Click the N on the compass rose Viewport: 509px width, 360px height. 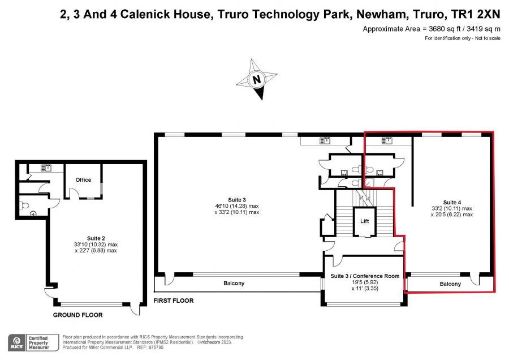point(256,80)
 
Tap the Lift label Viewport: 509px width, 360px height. point(365,221)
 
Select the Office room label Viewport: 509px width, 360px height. point(84,179)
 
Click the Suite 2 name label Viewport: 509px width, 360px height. point(96,238)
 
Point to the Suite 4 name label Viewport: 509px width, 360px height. point(452,202)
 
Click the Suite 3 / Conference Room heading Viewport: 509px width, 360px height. point(365,276)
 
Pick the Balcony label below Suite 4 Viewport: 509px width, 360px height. point(450,284)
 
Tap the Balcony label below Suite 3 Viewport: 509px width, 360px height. point(234,284)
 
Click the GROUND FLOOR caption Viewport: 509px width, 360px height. point(78,315)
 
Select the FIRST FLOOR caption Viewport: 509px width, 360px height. point(174,301)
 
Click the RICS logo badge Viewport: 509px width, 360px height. point(17,342)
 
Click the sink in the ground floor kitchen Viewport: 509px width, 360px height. point(46,168)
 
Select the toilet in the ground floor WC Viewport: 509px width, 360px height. point(24,205)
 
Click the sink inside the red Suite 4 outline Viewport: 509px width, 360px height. point(387,140)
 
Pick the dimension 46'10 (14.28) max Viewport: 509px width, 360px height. point(236,206)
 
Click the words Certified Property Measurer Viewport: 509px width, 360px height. point(38,343)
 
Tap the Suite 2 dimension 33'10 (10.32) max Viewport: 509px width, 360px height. point(96,245)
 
